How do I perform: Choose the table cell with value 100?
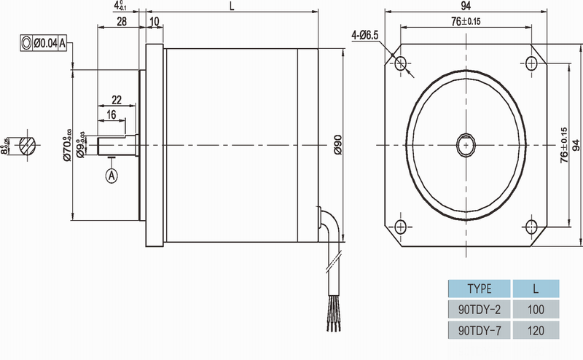[x=536, y=309]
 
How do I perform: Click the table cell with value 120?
[x=536, y=330]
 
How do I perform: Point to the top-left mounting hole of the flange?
[x=399, y=63]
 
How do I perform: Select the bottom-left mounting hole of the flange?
[x=399, y=224]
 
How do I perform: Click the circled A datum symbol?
[x=111, y=175]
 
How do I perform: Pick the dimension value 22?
[x=117, y=99]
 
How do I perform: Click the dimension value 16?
[x=111, y=115]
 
